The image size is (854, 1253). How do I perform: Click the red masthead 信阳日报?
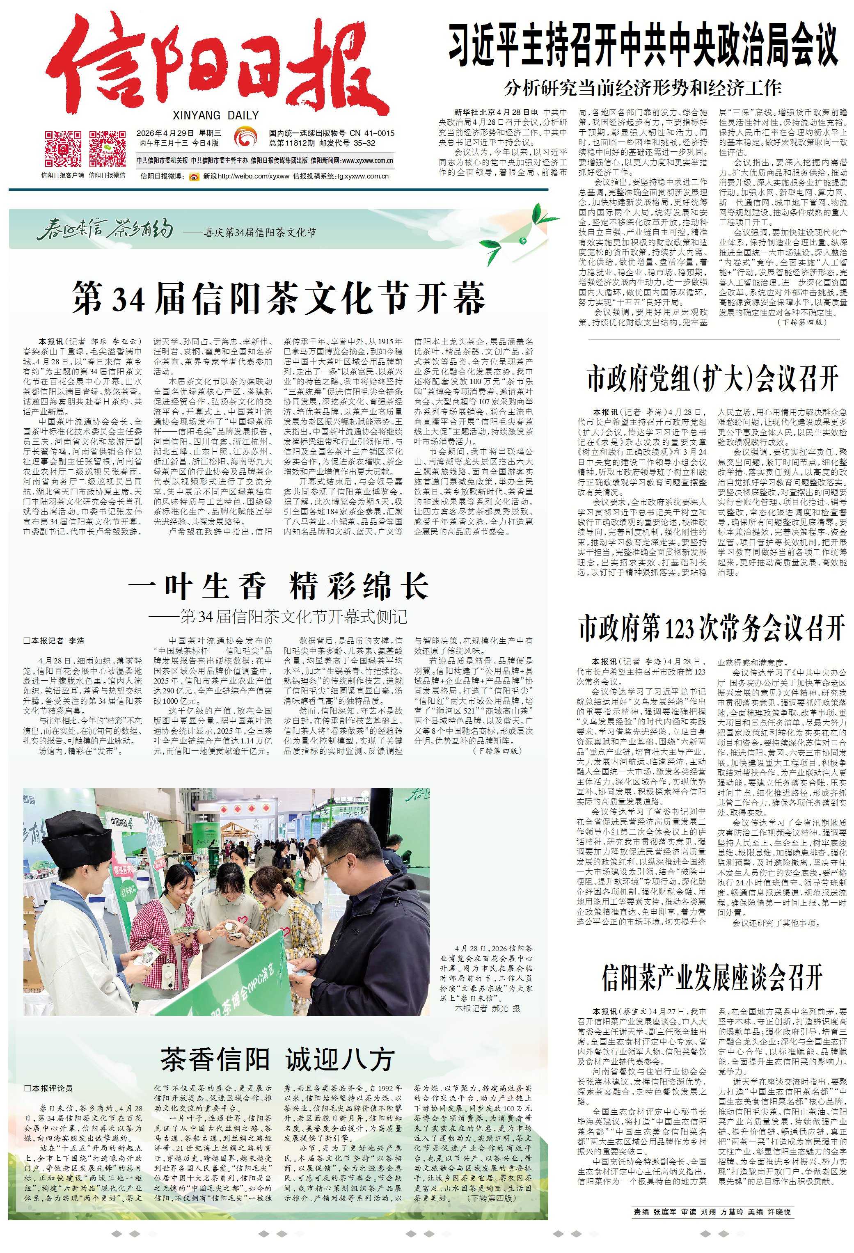(x=216, y=67)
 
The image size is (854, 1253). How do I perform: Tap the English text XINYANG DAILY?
(x=216, y=115)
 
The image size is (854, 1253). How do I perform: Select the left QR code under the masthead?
(x=62, y=149)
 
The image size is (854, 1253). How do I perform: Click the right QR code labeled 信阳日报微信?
(x=107, y=149)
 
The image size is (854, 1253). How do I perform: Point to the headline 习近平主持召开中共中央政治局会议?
(x=644, y=46)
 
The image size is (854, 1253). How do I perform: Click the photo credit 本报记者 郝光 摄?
(x=488, y=1008)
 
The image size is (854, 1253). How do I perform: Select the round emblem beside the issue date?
(x=245, y=137)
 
